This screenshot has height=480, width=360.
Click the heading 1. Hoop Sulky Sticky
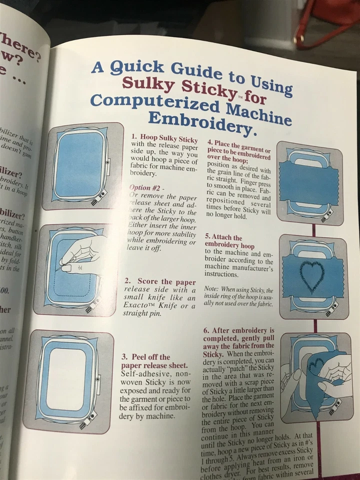point(164,137)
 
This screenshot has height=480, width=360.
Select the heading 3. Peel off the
point(145,357)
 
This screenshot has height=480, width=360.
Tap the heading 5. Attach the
point(223,237)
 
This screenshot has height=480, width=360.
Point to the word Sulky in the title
point(148,82)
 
